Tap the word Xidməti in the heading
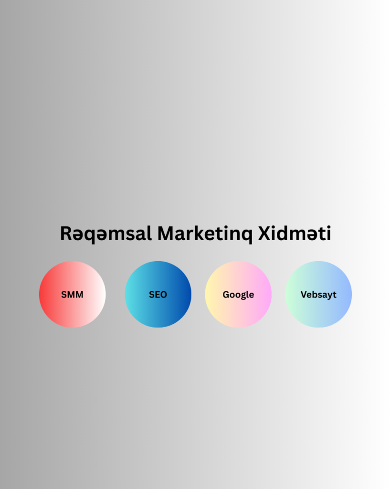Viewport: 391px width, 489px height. [295, 233]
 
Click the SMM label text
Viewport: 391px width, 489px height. [73, 294]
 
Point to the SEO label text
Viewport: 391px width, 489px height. [158, 294]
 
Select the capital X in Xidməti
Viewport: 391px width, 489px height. [265, 234]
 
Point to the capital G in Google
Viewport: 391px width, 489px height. [226, 294]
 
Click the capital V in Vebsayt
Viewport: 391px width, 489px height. [304, 294]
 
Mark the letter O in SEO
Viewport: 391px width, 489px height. [163, 294]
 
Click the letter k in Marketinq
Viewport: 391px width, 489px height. [202, 233]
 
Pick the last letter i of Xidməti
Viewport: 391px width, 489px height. [328, 233]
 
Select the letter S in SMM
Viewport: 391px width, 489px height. [64, 294]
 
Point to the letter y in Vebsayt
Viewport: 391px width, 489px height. [329, 296]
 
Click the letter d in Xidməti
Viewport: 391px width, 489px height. [285, 233]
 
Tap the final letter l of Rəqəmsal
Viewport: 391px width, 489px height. [150, 233]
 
